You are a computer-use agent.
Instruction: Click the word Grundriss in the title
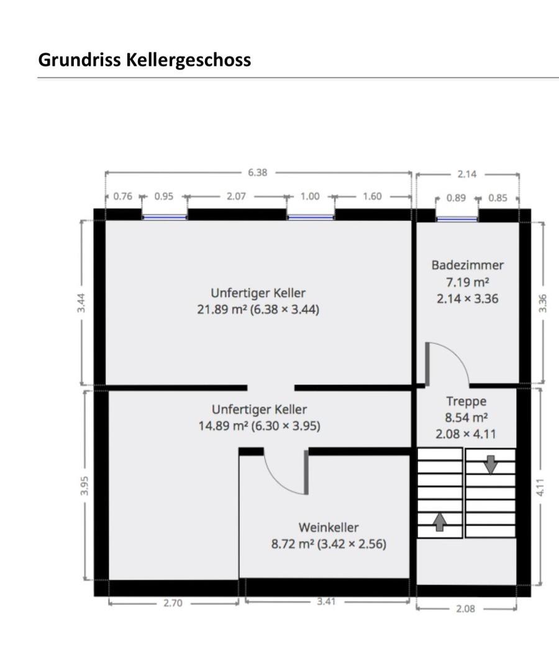coord(80,60)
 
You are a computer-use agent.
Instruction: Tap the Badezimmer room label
coord(468,265)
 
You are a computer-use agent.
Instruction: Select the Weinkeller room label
coord(329,527)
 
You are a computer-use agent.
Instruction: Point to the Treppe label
coord(466,401)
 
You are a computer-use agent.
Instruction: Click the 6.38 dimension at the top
coord(258,172)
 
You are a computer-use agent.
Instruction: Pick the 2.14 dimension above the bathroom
coord(466,174)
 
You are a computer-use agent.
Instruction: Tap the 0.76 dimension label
coord(123,196)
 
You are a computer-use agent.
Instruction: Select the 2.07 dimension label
coord(236,196)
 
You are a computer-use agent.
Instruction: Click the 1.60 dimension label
coord(372,196)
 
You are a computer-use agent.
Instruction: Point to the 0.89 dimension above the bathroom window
coord(456,198)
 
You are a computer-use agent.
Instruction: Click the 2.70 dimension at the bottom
coord(173,603)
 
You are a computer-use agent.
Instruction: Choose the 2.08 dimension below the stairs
coord(465,609)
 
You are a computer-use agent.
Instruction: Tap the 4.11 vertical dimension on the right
coord(540,487)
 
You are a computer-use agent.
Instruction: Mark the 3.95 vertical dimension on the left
coord(84,485)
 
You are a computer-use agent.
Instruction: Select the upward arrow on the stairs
coord(439,522)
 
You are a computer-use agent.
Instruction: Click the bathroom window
coord(457,219)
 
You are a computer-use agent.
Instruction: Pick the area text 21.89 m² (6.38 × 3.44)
coord(258,310)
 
